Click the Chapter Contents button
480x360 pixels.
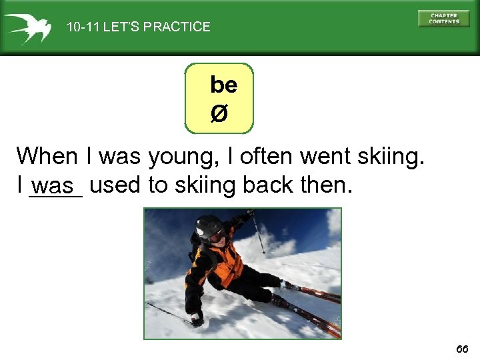tap(443, 18)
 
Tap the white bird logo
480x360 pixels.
tap(27, 27)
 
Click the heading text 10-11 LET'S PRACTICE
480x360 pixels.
tap(138, 27)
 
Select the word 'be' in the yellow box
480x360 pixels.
tap(223, 85)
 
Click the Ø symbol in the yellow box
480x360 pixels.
tap(219, 114)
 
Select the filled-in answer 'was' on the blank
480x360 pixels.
tap(56, 187)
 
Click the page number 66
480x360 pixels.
tap(462, 349)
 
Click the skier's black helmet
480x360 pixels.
tap(209, 226)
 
